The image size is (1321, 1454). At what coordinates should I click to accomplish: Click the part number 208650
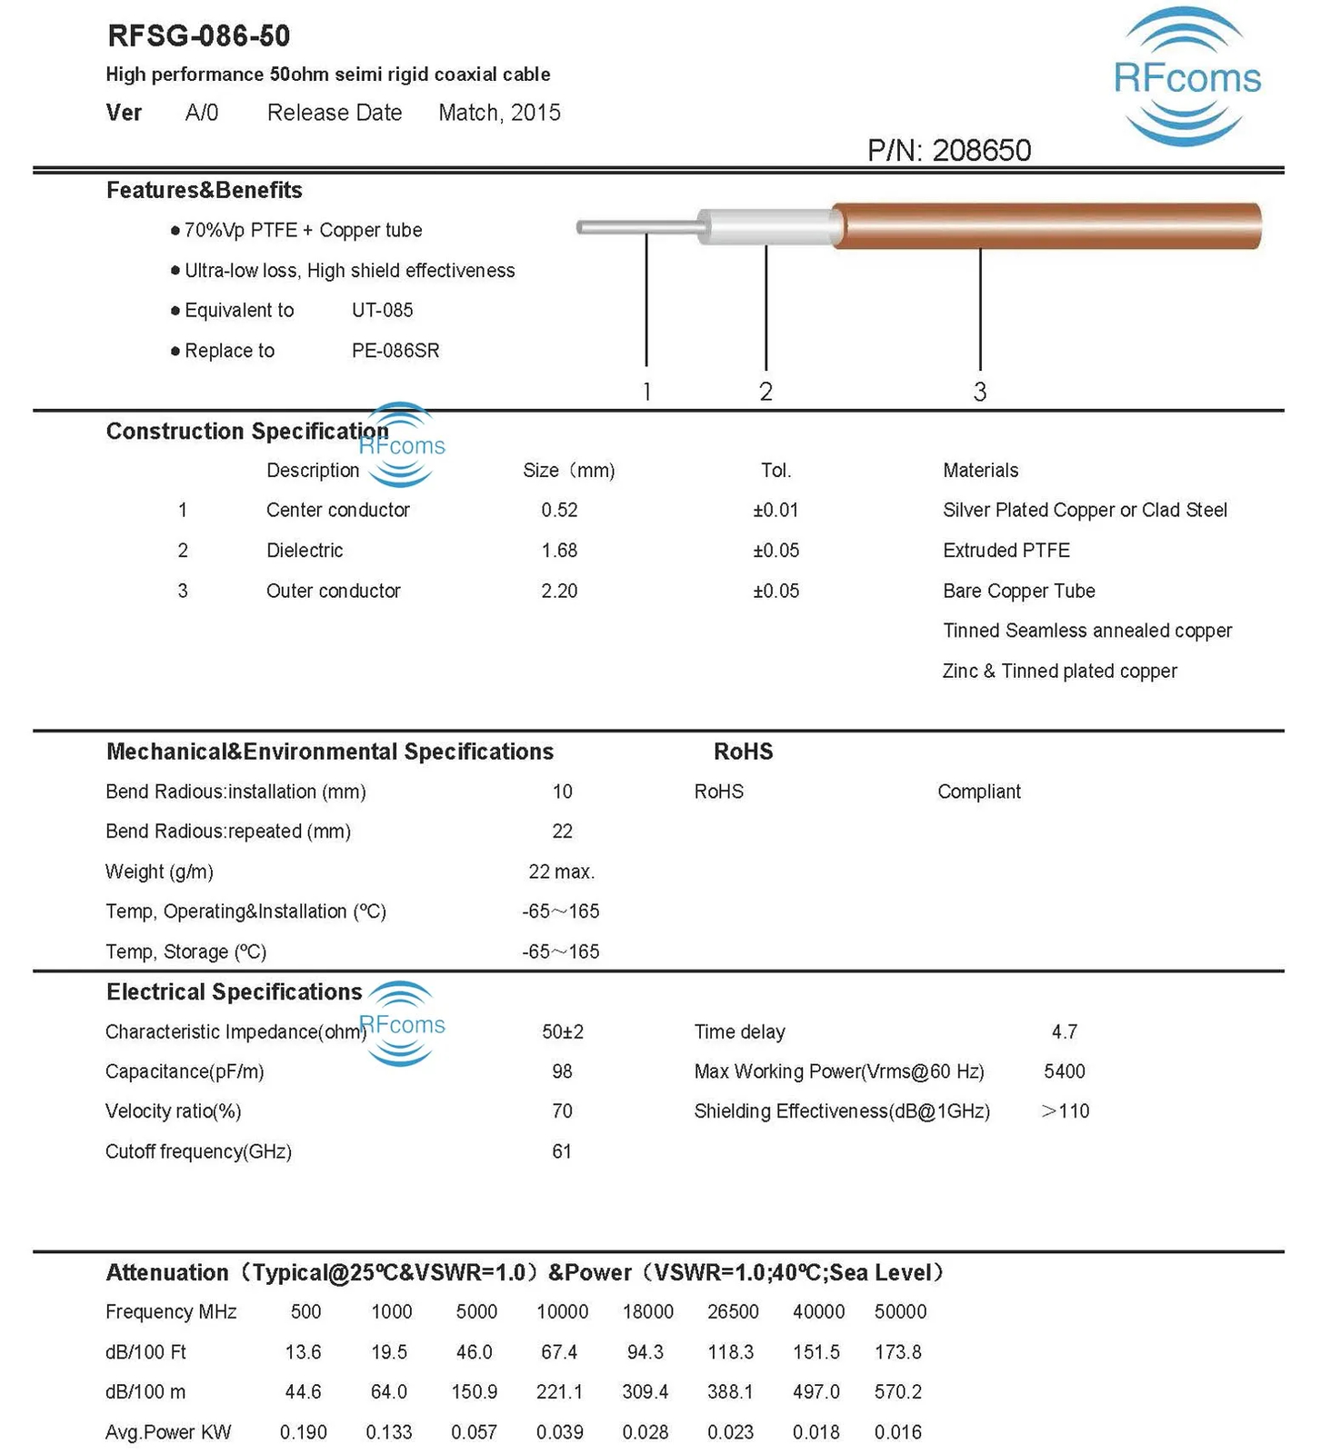[x=981, y=150]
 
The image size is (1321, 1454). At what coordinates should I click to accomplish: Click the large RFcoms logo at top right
[x=1186, y=78]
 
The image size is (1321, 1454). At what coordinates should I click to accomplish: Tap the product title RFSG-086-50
[x=198, y=36]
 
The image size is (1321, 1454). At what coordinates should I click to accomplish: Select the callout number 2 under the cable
[x=766, y=392]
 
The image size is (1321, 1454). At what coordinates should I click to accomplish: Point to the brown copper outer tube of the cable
[x=1046, y=225]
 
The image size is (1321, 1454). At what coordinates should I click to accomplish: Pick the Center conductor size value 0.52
[x=559, y=510]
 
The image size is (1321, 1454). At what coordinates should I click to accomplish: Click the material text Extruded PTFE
[x=1006, y=551]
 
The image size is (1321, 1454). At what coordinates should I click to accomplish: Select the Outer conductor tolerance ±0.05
[x=776, y=591]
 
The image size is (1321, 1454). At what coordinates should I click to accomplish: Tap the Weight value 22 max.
[x=561, y=871]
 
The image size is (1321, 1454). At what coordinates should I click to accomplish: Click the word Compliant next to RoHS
[x=978, y=792]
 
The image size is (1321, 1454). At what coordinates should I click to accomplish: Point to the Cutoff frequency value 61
[x=562, y=1151]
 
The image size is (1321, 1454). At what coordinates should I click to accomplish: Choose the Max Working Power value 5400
[x=1064, y=1071]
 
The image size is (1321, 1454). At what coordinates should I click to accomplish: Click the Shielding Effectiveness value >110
[x=1065, y=1111]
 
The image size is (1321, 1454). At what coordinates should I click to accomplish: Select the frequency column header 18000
[x=647, y=1311]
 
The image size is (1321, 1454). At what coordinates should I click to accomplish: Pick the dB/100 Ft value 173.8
[x=897, y=1352]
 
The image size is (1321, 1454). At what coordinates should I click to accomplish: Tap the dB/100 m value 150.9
[x=475, y=1392]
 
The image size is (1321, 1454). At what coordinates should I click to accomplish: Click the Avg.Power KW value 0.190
[x=303, y=1432]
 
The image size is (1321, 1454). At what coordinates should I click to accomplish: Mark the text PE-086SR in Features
[x=395, y=351]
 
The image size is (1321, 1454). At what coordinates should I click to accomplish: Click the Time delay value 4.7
[x=1064, y=1031]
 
